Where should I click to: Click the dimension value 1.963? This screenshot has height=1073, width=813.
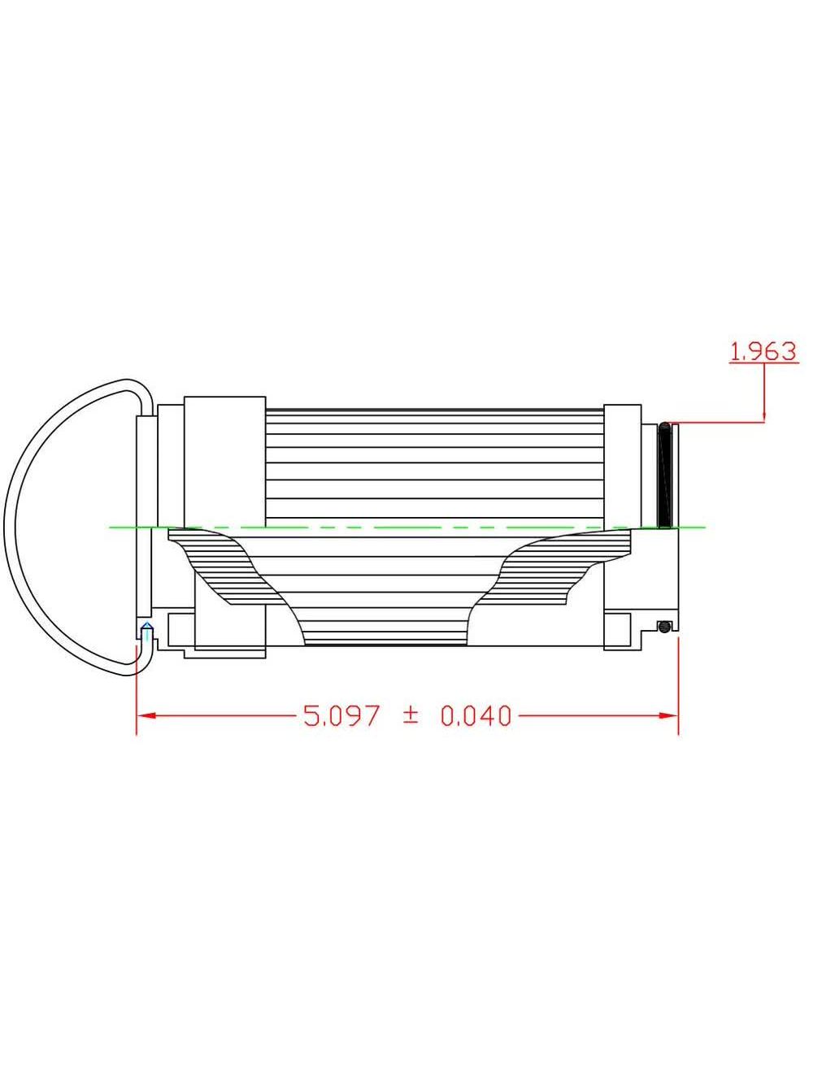click(763, 351)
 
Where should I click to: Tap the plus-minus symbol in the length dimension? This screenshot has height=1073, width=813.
click(411, 715)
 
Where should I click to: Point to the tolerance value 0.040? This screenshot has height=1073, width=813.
click(476, 715)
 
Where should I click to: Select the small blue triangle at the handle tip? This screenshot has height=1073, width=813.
click(146, 626)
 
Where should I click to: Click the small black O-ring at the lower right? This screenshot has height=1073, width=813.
click(664, 626)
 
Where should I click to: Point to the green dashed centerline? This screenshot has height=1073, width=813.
click(406, 528)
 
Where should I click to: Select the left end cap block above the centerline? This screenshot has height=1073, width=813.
click(225, 461)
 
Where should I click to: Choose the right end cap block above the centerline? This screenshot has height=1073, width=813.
click(622, 465)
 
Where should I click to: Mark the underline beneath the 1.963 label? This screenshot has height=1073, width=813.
click(763, 363)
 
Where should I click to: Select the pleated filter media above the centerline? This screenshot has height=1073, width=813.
click(435, 467)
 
